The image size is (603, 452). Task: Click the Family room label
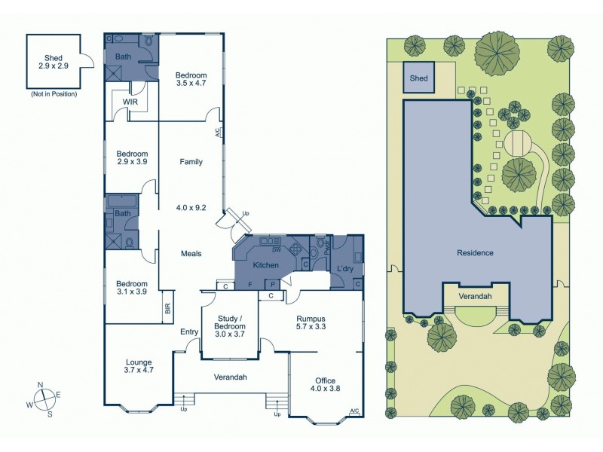coord(191,161)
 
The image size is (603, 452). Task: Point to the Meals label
coord(191,253)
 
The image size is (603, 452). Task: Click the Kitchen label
coord(266,265)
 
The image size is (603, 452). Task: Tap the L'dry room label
coord(344,268)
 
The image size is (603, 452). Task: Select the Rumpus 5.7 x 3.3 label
coord(311,322)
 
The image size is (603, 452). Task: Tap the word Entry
coord(188,331)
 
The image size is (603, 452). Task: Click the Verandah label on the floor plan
coord(231,377)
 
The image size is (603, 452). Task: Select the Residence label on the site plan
coord(476,252)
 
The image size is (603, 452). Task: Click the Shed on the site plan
coord(418,78)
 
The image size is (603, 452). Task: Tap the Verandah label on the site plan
coord(476,297)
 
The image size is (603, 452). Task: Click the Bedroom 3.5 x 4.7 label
coord(190,79)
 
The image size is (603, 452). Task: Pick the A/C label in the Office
coord(354,411)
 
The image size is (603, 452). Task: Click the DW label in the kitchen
coord(277,249)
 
